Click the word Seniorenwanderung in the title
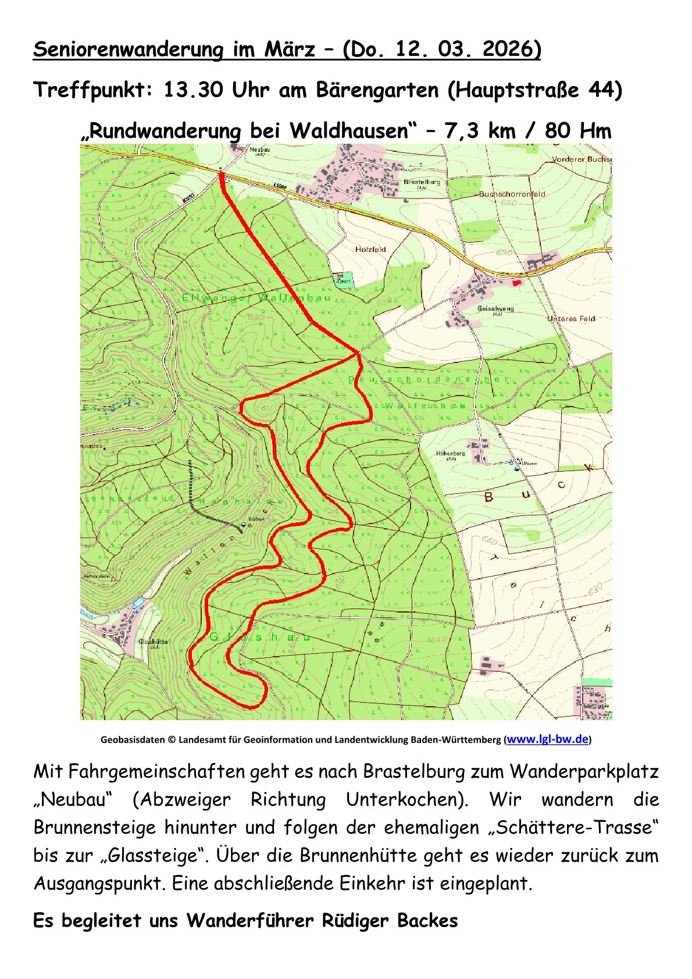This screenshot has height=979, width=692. [x=129, y=49]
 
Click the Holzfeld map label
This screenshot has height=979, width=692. [x=370, y=249]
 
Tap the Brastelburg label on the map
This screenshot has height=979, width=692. [x=422, y=182]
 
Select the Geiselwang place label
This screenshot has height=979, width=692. [x=495, y=308]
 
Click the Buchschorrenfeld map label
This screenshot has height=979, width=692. [x=512, y=194]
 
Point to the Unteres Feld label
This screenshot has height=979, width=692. [x=570, y=319]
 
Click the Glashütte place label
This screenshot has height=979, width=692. [x=153, y=642]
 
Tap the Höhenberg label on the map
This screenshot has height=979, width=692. [x=450, y=453]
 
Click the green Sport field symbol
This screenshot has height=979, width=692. [x=344, y=280]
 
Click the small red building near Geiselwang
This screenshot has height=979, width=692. [x=516, y=282]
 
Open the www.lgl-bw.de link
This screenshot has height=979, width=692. [x=548, y=739]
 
